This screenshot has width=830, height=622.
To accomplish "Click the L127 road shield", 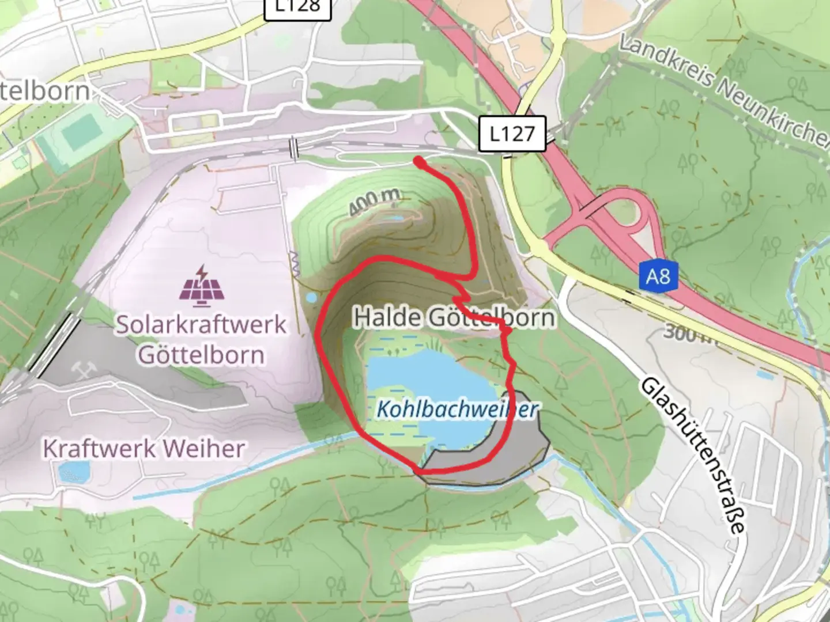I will (x=511, y=134).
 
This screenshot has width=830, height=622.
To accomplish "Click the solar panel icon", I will (x=201, y=285).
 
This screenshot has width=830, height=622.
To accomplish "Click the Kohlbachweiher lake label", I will (x=456, y=409).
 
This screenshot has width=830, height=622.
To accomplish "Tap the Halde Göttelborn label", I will (x=454, y=317).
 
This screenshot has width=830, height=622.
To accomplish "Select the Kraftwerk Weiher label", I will (x=144, y=449).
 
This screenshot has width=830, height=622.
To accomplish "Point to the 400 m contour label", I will (x=375, y=202).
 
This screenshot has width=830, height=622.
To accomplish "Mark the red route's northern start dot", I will (x=419, y=162).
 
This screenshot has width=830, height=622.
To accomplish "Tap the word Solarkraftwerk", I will (x=201, y=324).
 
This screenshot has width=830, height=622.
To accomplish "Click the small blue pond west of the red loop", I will (x=311, y=298).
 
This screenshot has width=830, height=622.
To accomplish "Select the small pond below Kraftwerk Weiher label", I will (x=74, y=472).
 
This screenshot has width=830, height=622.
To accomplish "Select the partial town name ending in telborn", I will (x=45, y=91).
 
